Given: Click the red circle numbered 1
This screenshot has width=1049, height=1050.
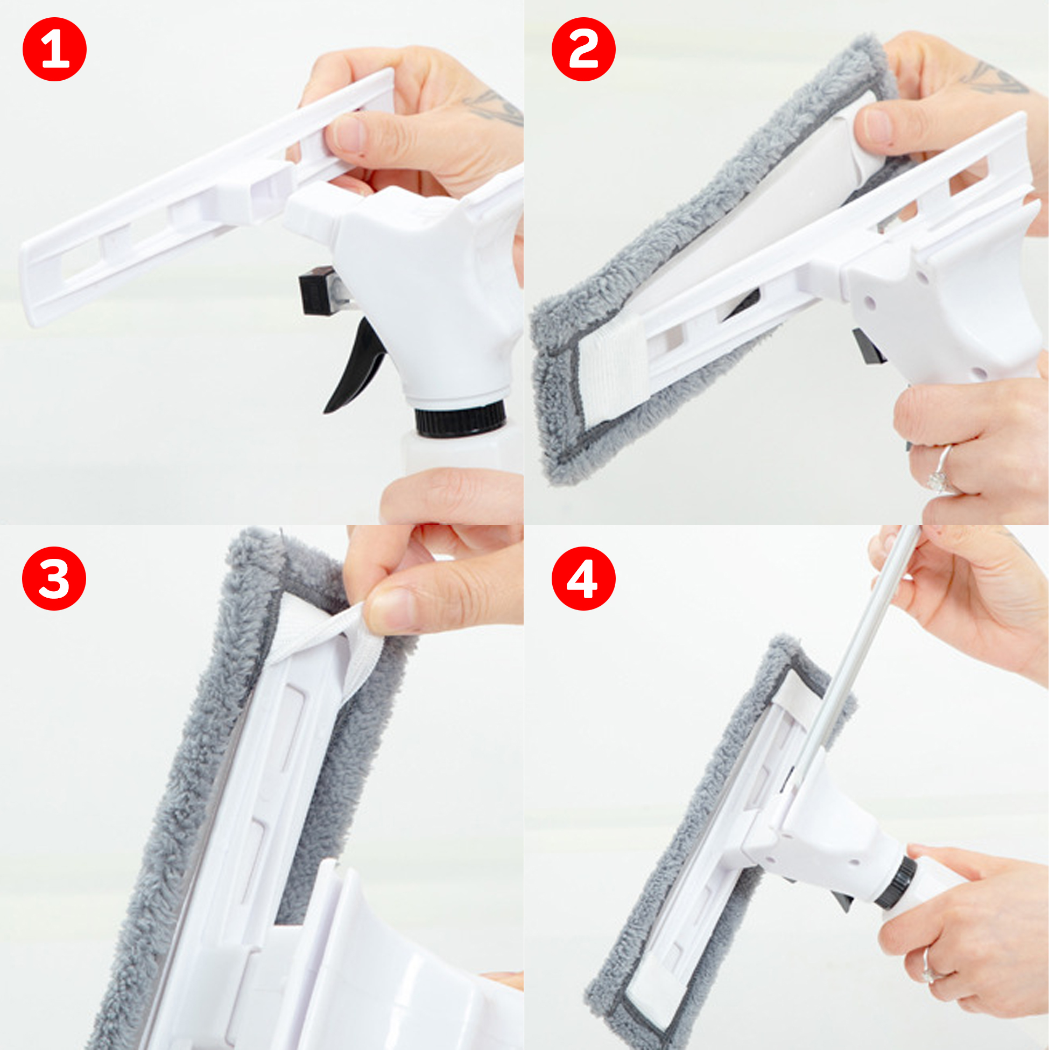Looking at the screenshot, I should point(54,50).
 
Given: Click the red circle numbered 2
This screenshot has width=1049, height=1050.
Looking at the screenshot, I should point(583,50).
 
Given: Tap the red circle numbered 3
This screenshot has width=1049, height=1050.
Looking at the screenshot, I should point(54,578).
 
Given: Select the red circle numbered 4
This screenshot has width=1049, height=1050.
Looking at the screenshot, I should point(583,578).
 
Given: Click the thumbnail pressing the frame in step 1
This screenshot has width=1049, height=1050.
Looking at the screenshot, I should point(348,133).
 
